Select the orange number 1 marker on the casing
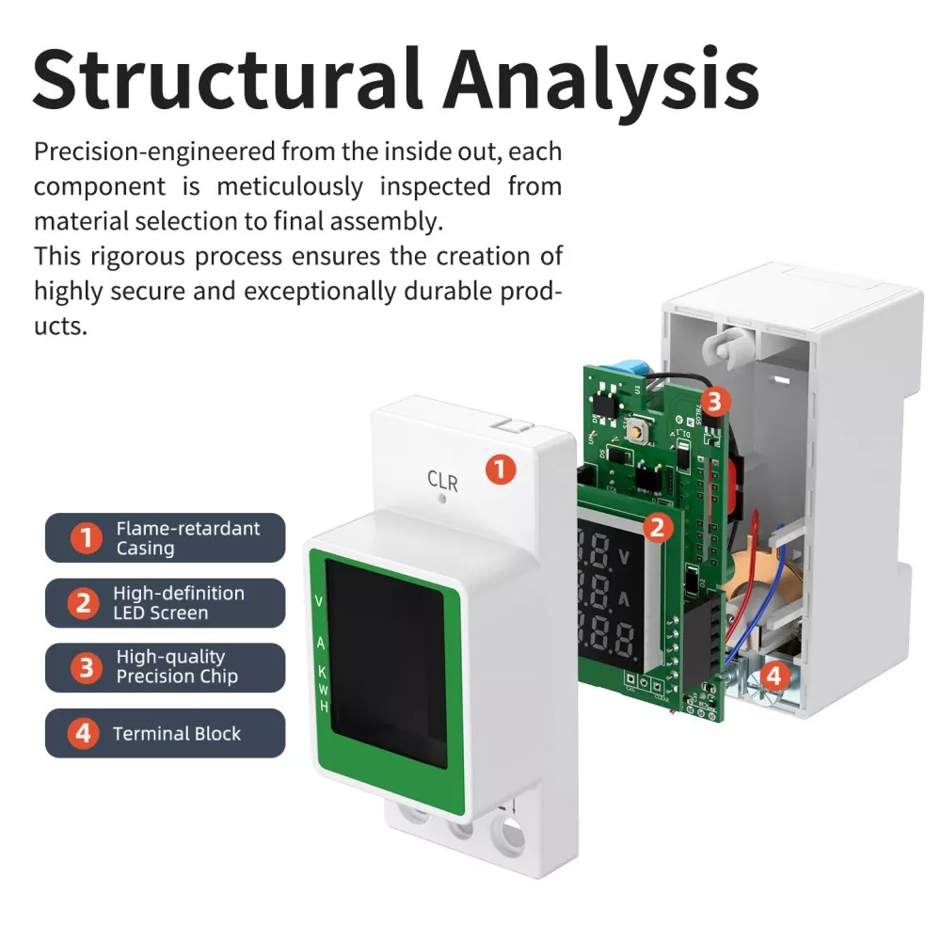pyautogui.click(x=501, y=470)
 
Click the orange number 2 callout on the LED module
pyautogui.click(x=658, y=527)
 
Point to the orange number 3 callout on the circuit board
pyautogui.click(x=714, y=403)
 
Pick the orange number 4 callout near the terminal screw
pyautogui.click(x=773, y=674)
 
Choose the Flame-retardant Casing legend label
pyautogui.click(x=166, y=538)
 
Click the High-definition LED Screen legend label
pyautogui.click(x=166, y=603)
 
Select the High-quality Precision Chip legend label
pyautogui.click(x=166, y=667)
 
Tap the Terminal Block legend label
pyautogui.click(x=166, y=733)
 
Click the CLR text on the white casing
pyautogui.click(x=442, y=481)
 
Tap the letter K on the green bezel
pyautogui.click(x=321, y=672)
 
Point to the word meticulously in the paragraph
pyautogui.click(x=290, y=186)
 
